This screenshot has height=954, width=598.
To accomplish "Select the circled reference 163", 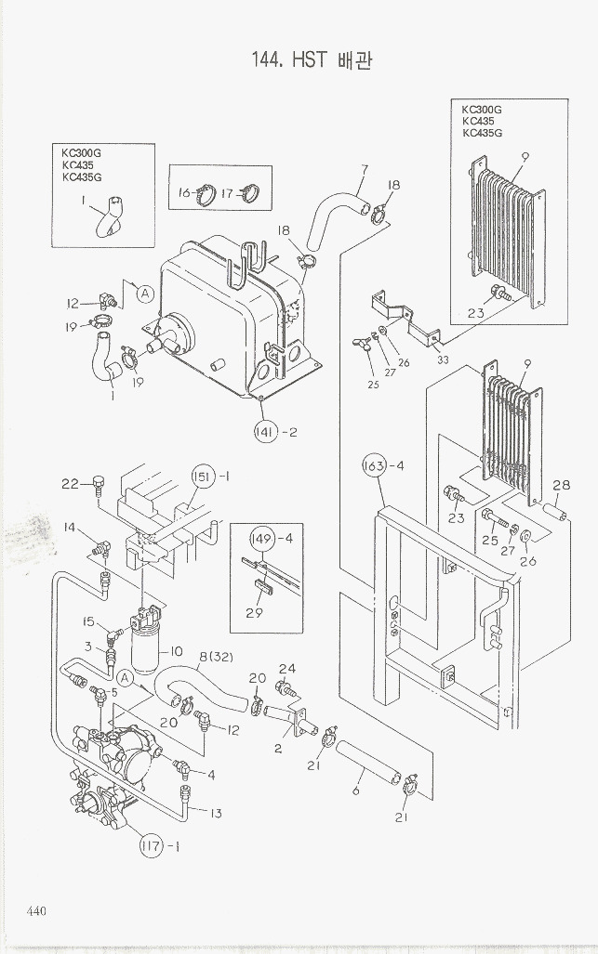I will (x=375, y=466).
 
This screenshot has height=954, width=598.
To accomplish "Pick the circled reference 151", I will (x=204, y=477).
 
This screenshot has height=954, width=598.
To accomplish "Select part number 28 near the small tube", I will (x=561, y=485).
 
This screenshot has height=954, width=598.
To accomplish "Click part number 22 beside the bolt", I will (x=70, y=483).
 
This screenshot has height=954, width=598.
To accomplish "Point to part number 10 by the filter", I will (x=177, y=651).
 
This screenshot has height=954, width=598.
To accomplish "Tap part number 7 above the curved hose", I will (x=364, y=169).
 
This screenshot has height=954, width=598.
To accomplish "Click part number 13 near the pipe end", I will (x=216, y=814).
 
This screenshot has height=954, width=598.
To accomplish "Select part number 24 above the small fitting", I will (x=287, y=668).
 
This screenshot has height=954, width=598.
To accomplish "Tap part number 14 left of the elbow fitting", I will (x=70, y=528).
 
